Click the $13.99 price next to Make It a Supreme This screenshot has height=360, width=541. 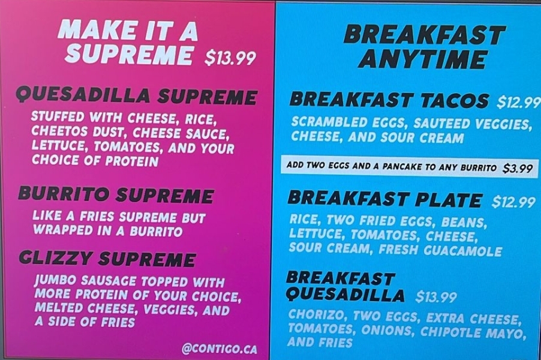[230, 58]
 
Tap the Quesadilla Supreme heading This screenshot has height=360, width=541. [137, 96]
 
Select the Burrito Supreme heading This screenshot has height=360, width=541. [116, 194]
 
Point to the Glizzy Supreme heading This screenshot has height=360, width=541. [107, 259]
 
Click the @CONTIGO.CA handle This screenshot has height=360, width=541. [220, 349]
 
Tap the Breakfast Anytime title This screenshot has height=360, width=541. [424, 47]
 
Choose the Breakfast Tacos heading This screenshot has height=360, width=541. [389, 100]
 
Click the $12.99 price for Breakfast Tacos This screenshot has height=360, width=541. [518, 102]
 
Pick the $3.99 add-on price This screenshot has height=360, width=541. [518, 169]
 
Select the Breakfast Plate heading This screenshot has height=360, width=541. [384, 199]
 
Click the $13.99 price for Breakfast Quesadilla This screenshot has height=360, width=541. [436, 296]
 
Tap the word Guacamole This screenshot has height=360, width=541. [462, 251]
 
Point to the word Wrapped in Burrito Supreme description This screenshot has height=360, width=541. [63, 230]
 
